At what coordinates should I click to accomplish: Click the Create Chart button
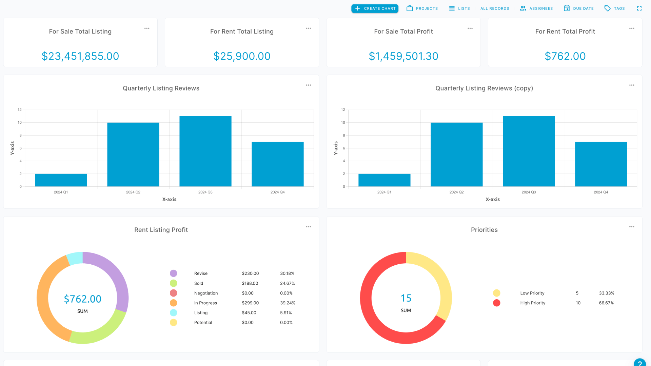pos(375,8)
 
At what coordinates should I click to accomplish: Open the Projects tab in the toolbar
pos(422,8)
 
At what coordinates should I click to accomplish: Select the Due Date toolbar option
pos(578,8)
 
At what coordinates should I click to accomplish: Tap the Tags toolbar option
pos(614,8)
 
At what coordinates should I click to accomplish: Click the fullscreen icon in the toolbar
pos(639,8)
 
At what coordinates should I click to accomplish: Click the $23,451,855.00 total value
pos(80,56)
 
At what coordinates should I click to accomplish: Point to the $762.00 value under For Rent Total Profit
pos(565,56)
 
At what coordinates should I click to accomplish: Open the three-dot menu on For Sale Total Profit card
pos(470,28)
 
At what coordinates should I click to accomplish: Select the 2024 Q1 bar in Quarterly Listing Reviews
pos(61,180)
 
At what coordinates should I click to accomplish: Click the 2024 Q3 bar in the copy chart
pos(529,151)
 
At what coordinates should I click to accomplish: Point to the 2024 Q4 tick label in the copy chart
pos(601,192)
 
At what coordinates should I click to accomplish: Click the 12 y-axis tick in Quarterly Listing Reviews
pos(20,110)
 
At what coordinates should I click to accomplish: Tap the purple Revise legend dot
pos(173,273)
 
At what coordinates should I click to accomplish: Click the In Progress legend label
pos(205,303)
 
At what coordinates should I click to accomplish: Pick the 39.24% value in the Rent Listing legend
pos(288,303)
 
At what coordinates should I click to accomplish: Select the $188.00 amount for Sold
pos(250,283)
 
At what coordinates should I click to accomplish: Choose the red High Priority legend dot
pos(496,303)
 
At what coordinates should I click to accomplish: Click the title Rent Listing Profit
pos(161,230)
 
